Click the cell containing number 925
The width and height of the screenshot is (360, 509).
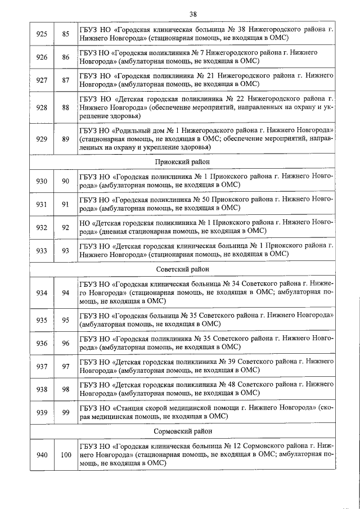(x=41, y=33)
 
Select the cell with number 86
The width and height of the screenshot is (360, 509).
(x=66, y=57)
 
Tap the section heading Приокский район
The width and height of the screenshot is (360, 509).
(x=181, y=161)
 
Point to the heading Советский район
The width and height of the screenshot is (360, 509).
(x=181, y=269)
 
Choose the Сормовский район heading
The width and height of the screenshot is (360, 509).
(x=182, y=431)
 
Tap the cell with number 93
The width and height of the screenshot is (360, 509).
(x=66, y=249)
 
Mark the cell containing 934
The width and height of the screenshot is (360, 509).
(x=41, y=293)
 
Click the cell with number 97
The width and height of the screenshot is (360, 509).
(x=66, y=366)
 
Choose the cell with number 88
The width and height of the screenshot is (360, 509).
(x=66, y=106)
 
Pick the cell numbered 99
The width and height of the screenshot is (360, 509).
(x=66, y=412)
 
